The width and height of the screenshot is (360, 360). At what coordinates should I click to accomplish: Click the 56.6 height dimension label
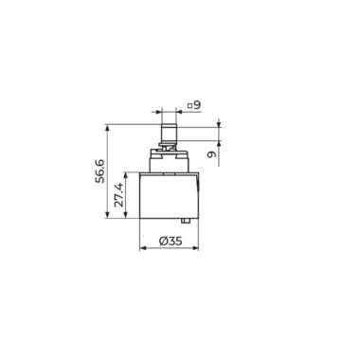(100, 171)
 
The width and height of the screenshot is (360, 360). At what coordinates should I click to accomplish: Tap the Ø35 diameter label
(171, 242)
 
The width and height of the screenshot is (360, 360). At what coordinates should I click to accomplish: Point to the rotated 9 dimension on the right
(212, 154)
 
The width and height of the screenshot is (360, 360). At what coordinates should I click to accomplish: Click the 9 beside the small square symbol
(197, 105)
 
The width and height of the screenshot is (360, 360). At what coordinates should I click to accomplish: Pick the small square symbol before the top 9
(189, 106)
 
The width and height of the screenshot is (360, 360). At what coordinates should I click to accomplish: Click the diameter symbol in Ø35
(164, 242)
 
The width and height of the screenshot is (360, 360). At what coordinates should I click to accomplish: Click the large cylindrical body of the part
(169, 195)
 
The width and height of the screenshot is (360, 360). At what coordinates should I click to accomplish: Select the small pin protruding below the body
(186, 221)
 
